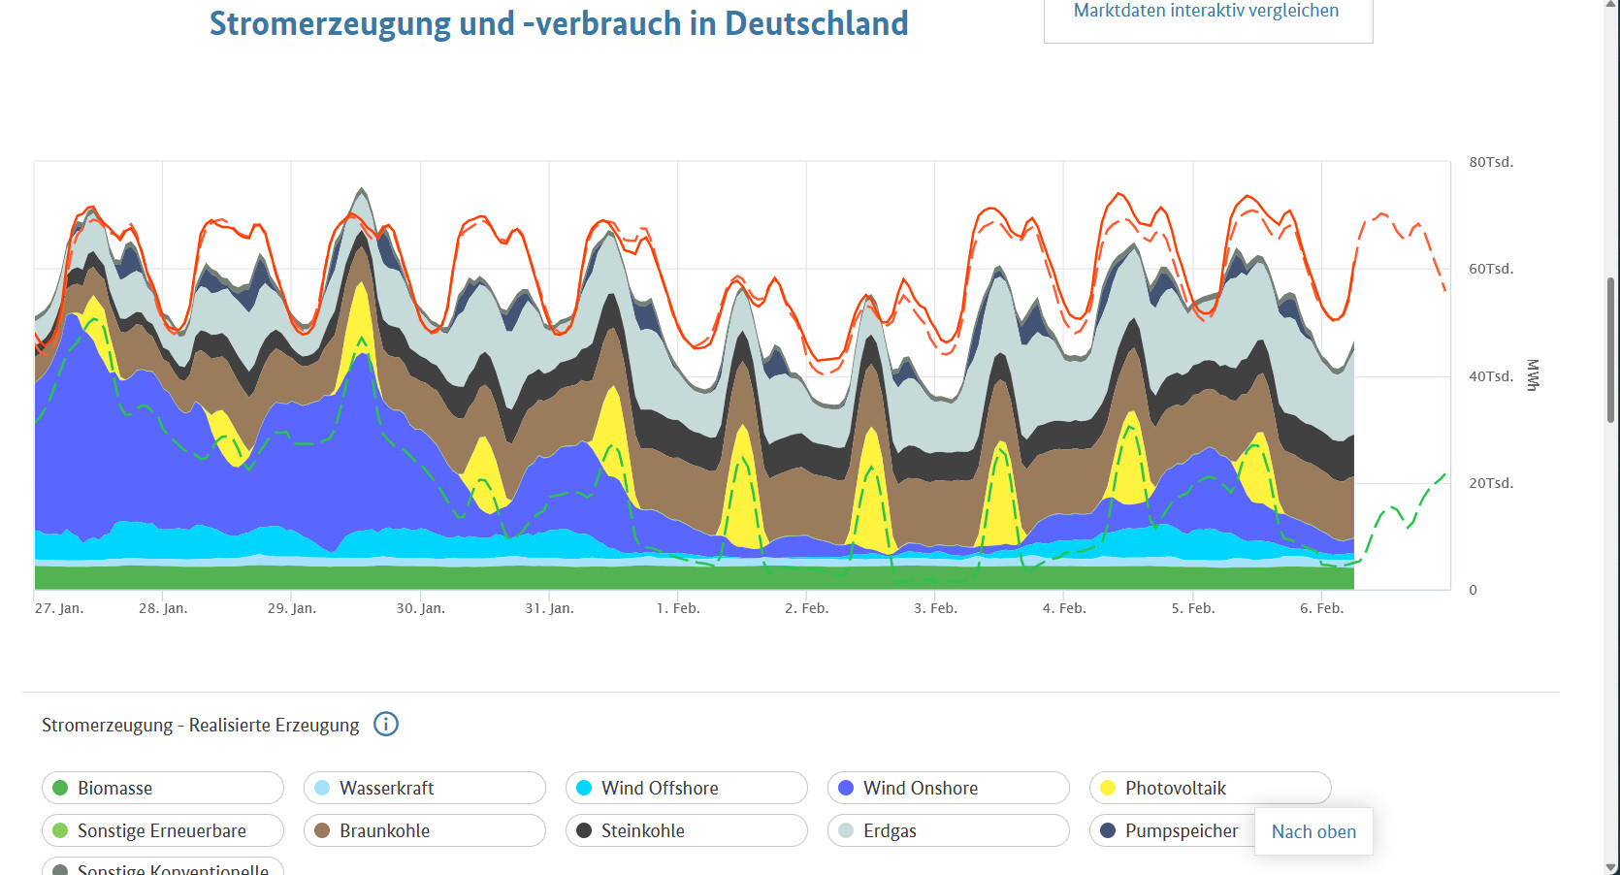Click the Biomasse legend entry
pyautogui.click(x=162, y=788)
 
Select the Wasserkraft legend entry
pyautogui.click(x=424, y=788)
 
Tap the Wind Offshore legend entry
pyautogui.click(x=686, y=788)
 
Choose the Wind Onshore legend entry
pyautogui.click(x=948, y=788)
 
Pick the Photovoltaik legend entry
pyautogui.click(x=1210, y=788)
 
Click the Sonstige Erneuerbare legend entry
pyautogui.click(x=162, y=830)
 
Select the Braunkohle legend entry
pyautogui.click(x=424, y=830)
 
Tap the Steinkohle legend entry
pyautogui.click(x=686, y=830)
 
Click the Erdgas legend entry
pyautogui.click(x=948, y=830)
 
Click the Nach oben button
pyautogui.click(x=1313, y=831)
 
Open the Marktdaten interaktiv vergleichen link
pyautogui.click(x=1206, y=12)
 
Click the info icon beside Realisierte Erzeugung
pyautogui.click(x=386, y=725)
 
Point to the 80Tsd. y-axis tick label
pyautogui.click(x=1490, y=162)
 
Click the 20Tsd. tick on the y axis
pyautogui.click(x=1490, y=483)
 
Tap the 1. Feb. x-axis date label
pyautogui.click(x=677, y=608)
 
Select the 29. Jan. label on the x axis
pyautogui.click(x=291, y=608)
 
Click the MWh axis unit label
pyautogui.click(x=1533, y=375)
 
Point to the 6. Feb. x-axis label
pyautogui.click(x=1321, y=608)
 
